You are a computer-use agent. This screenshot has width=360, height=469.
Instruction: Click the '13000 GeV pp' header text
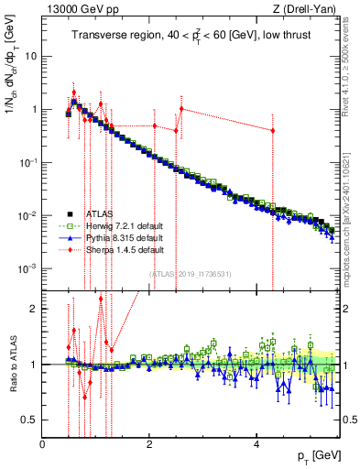(75, 9)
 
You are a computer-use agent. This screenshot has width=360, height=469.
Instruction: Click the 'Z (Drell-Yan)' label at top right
(309, 9)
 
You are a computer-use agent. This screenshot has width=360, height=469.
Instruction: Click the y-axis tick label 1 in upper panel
(34, 109)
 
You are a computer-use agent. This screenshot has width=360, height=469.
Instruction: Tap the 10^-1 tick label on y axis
(28, 162)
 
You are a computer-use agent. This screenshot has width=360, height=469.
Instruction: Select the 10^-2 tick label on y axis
(28, 215)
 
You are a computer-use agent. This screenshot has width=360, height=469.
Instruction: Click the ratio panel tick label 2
(34, 309)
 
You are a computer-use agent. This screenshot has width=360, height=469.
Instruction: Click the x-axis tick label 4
(255, 444)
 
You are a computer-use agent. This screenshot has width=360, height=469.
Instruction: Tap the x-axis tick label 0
(42, 444)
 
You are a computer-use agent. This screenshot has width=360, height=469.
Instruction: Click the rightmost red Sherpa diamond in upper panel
(273, 130)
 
